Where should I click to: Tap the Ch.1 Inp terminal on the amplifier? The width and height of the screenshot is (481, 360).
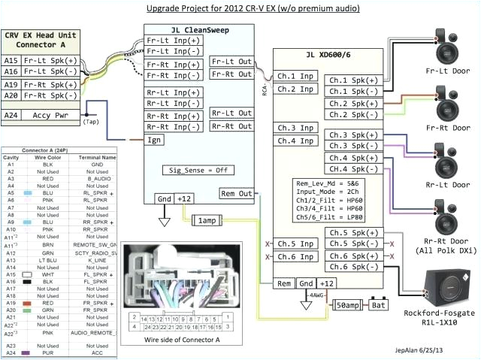coord(295,76)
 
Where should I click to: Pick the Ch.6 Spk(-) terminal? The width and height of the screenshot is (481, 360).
coord(352,268)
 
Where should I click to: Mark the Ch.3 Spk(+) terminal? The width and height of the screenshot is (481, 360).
coord(352,135)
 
